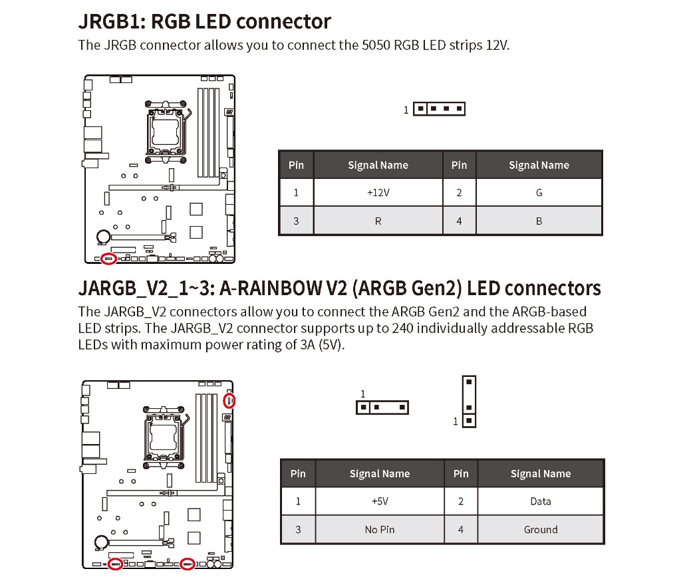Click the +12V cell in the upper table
[378, 193]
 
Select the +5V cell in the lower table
[380, 501]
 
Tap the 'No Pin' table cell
[380, 530]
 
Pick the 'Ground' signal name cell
[540, 530]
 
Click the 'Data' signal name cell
[540, 501]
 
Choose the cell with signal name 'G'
[539, 193]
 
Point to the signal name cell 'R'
[378, 221]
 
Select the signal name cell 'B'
[539, 221]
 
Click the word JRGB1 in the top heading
[109, 22]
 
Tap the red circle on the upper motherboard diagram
[109, 258]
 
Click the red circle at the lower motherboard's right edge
[229, 400]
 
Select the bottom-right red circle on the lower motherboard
[188, 564]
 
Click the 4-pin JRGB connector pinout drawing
[439, 108]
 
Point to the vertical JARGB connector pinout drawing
[469, 401]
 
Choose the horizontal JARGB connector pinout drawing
[382, 407]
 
